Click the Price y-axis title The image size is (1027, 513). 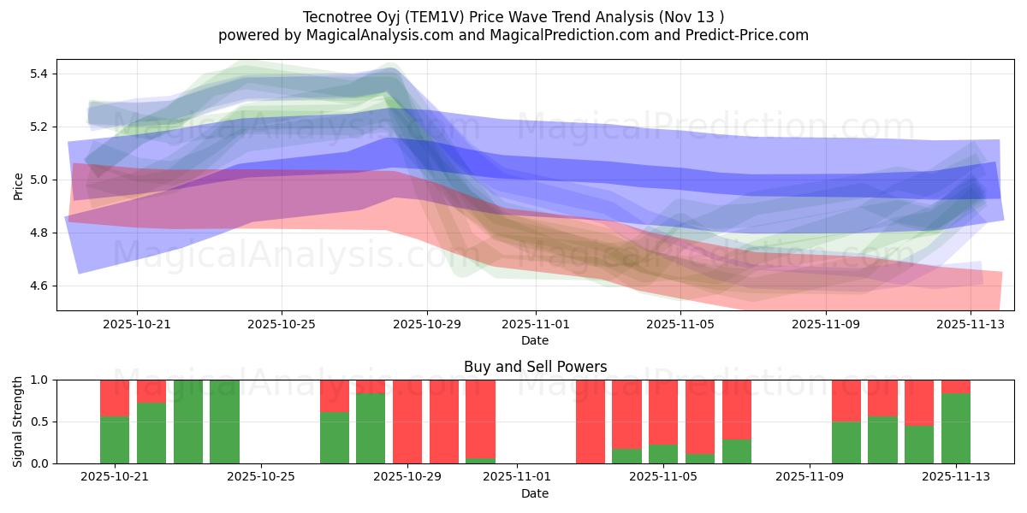click(18, 185)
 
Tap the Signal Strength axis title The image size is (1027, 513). click(18, 422)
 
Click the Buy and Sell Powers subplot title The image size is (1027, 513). click(535, 367)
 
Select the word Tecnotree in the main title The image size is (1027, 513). click(333, 17)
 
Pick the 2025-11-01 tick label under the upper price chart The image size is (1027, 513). click(536, 324)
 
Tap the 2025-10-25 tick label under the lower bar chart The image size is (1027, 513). click(262, 477)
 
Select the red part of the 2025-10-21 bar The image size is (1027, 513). click(115, 398)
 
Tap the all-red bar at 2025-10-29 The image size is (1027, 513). click(407, 422)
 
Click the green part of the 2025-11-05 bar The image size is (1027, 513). click(663, 454)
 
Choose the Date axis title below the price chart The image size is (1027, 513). click(535, 340)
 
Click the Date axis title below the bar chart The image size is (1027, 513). click(535, 493)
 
